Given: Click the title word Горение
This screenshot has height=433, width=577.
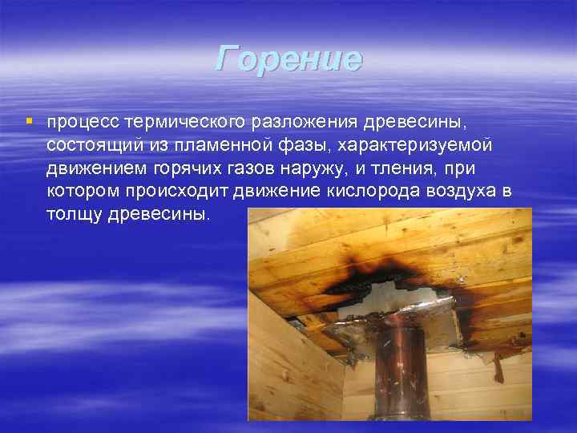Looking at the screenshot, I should (x=288, y=59).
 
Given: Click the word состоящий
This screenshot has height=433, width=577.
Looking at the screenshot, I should (x=86, y=146).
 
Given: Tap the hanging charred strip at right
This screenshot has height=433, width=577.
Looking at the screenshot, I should (x=498, y=365).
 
